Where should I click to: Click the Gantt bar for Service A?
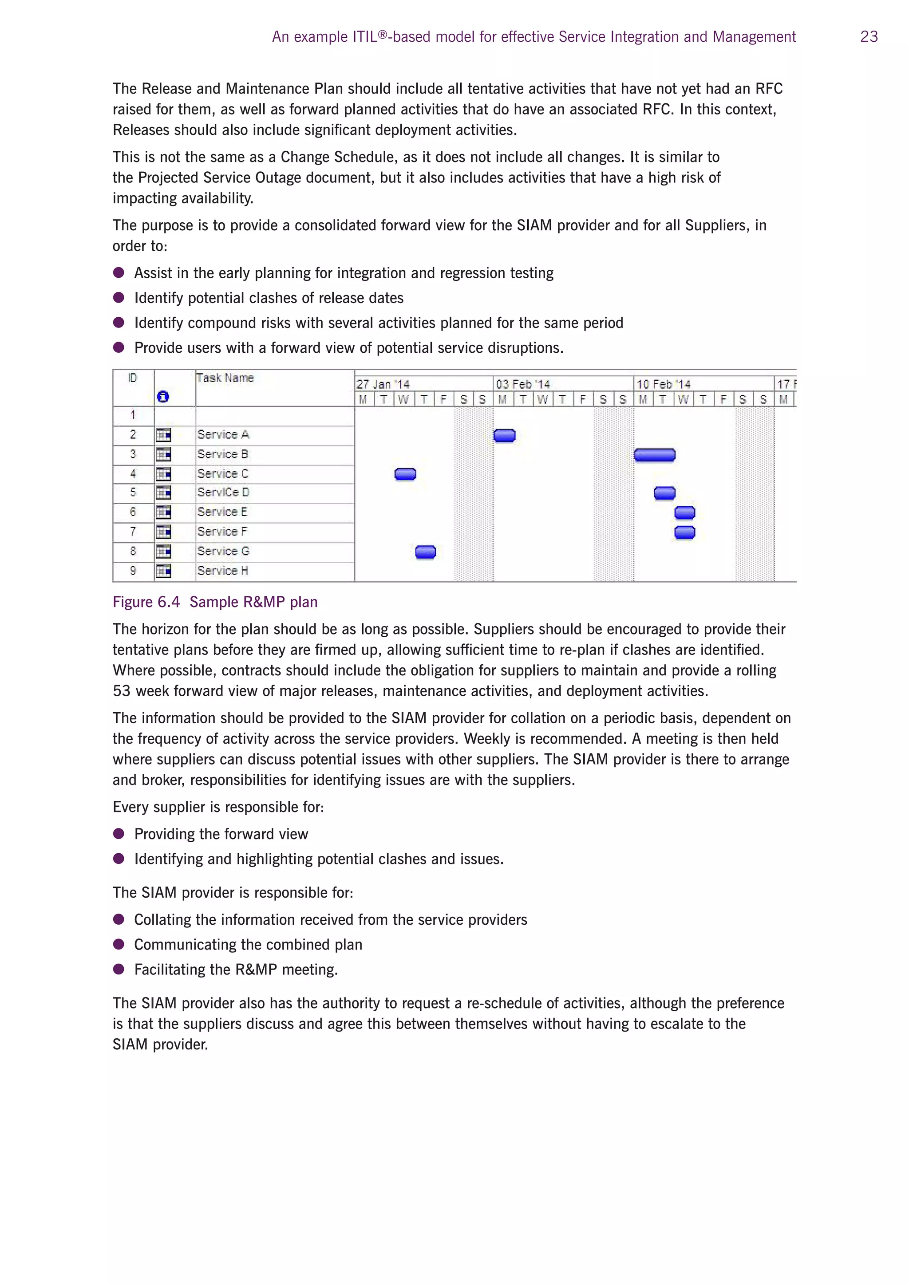click(504, 435)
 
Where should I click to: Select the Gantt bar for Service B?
click(654, 455)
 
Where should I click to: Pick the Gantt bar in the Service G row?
click(425, 552)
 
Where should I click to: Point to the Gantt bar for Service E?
click(684, 512)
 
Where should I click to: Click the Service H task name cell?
click(223, 571)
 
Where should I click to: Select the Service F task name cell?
click(222, 532)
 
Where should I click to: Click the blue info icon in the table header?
click(163, 397)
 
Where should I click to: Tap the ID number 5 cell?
click(133, 493)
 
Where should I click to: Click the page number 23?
click(869, 37)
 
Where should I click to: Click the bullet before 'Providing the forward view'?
click(119, 834)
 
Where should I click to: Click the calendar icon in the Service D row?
click(163, 493)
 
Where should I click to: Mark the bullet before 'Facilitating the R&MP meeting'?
click(119, 970)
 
